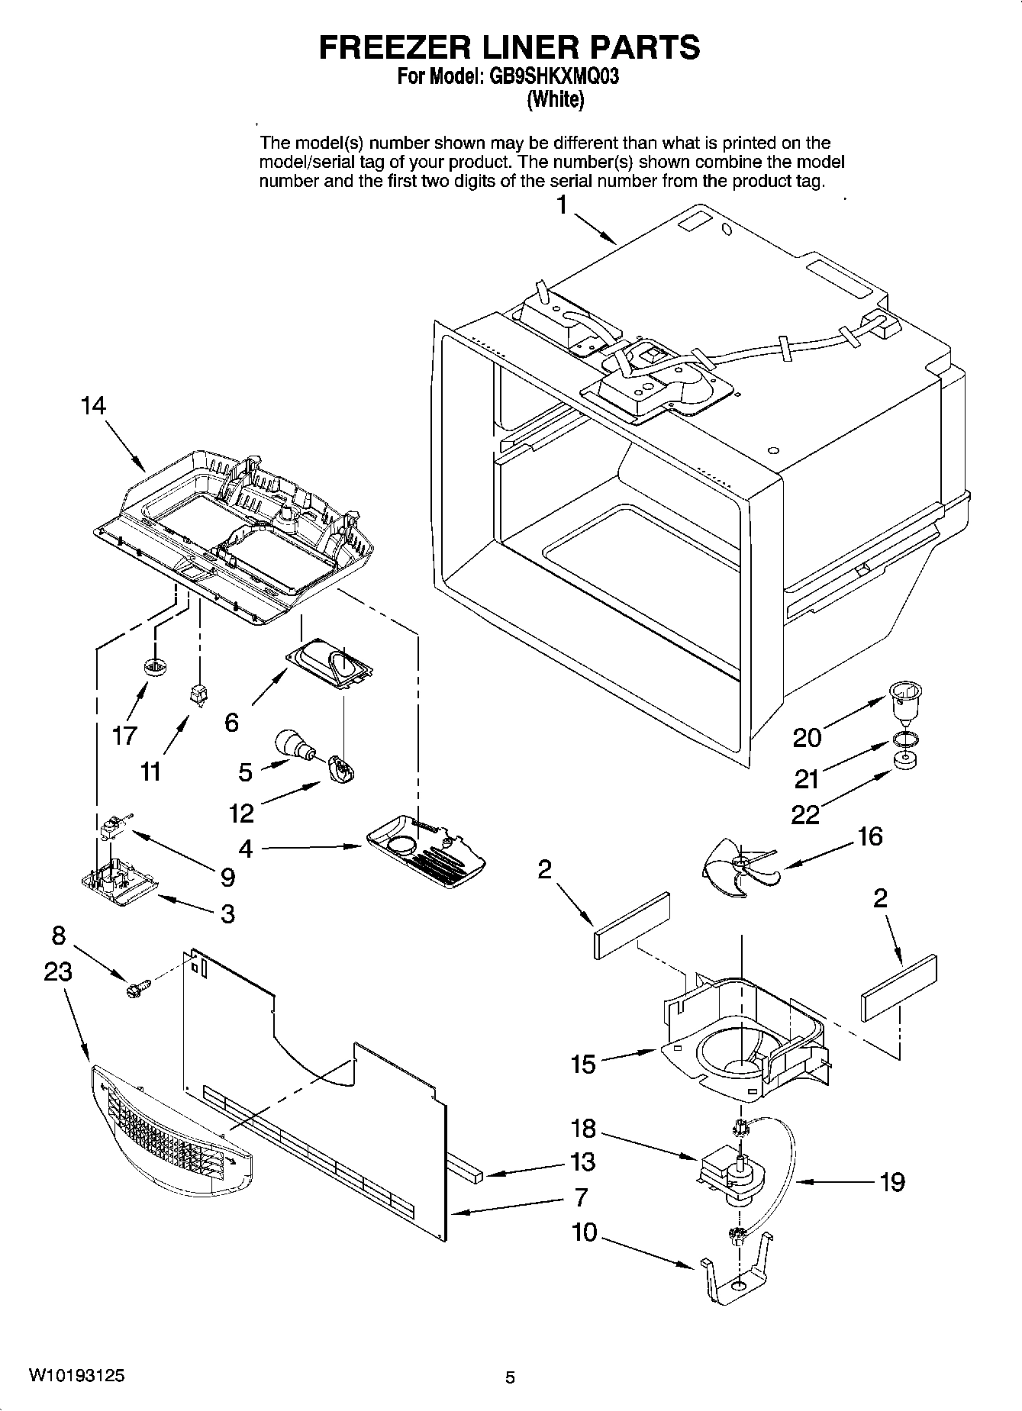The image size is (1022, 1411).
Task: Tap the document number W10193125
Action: coord(77,1376)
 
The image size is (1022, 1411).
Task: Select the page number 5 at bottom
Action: coord(510,1377)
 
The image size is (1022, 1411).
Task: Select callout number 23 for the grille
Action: coord(58,972)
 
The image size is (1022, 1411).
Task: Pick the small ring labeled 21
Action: coord(904,739)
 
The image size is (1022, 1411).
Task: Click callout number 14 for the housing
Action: coord(93,406)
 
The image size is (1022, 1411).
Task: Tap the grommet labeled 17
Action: coord(155,666)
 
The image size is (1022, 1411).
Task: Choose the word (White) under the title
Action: coord(556,99)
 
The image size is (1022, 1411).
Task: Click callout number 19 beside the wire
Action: coord(891,1182)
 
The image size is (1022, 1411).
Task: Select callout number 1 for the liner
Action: coord(562,205)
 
